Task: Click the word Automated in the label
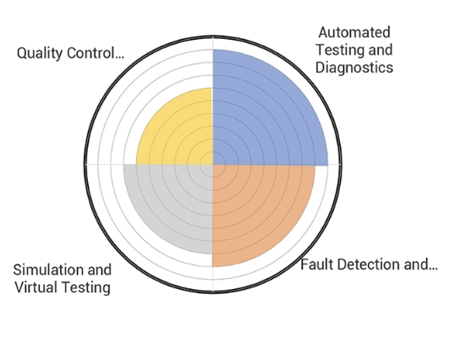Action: tap(354, 32)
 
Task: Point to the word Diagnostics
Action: tap(354, 67)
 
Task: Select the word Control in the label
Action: tap(96, 54)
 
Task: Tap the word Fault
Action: tap(318, 265)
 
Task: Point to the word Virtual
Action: tap(36, 287)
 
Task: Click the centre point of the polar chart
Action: tap(212, 164)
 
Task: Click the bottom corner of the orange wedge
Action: tap(213, 267)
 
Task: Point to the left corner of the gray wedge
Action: tap(123, 165)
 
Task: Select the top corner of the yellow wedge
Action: tap(212, 87)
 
